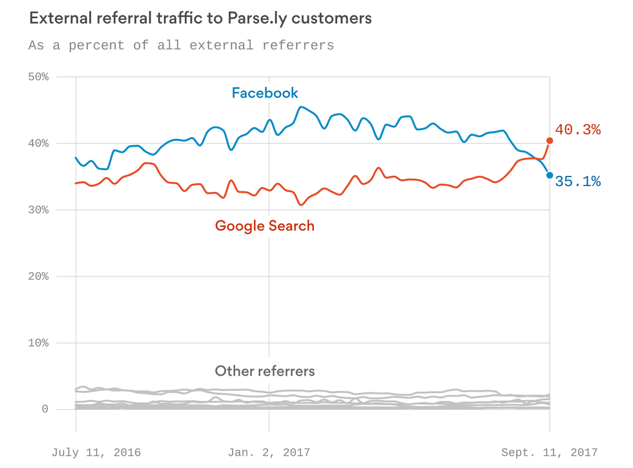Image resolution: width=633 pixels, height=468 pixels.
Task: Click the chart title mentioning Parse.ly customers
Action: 200,18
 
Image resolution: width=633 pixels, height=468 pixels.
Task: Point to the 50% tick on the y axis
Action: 38,77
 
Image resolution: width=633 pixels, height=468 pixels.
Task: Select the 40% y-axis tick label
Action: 38,144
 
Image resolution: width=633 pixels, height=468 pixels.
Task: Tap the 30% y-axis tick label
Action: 38,210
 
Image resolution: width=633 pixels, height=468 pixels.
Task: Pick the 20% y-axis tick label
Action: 38,277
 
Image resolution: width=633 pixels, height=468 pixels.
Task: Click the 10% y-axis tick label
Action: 38,343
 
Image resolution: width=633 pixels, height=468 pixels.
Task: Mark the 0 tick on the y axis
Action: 45,409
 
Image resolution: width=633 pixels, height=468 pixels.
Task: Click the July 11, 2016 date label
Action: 96,452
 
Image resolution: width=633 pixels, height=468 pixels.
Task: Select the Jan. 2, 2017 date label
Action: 269,452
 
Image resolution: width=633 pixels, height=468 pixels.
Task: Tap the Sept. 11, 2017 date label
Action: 550,452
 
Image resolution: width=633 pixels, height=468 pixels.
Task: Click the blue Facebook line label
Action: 265,93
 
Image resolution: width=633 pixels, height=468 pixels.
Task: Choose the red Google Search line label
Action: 265,226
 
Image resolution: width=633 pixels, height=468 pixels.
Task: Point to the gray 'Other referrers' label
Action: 265,371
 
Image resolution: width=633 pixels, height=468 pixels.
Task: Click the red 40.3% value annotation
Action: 577,130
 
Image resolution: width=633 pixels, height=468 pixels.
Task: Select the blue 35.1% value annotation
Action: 577,182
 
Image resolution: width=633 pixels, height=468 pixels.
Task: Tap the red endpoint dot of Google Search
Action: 550,140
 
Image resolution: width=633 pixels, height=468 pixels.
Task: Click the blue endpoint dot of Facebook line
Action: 550,175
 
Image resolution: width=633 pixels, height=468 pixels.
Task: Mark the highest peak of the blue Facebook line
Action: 301,107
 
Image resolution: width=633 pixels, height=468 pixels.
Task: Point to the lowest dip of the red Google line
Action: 300,205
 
